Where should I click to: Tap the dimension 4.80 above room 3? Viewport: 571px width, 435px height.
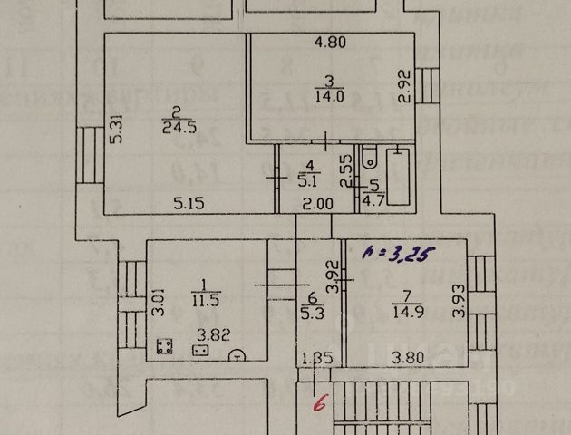(332, 41)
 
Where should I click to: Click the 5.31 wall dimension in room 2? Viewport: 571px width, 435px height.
(115, 127)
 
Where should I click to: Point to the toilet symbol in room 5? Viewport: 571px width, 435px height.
(369, 159)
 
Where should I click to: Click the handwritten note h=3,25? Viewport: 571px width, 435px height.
(397, 256)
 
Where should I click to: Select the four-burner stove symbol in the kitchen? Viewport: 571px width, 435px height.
(166, 346)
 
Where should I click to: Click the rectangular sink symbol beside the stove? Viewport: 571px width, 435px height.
(201, 350)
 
